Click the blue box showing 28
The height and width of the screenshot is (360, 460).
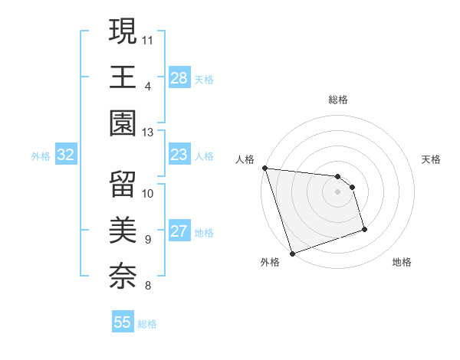[179, 77]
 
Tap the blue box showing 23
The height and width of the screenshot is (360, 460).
[179, 155]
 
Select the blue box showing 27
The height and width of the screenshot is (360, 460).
[179, 232]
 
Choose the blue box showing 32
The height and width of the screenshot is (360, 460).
[66, 155]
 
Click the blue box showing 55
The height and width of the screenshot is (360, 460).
[123, 322]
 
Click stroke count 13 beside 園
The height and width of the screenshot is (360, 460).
[148, 133]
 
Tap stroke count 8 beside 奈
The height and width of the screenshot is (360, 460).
[147, 286]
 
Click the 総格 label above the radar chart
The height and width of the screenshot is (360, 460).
[338, 100]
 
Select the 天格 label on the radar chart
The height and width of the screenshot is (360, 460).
[432, 159]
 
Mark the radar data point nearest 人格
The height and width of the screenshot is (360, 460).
[264, 168]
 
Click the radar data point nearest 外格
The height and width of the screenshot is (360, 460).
[292, 254]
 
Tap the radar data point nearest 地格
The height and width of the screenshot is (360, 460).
[364, 229]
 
